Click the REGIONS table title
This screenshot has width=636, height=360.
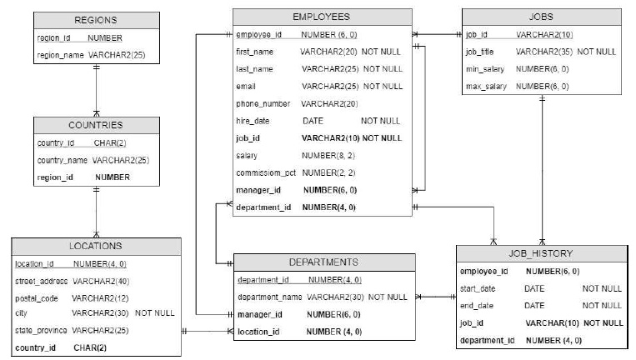pos(96,20)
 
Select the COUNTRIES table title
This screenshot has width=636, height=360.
pos(96,125)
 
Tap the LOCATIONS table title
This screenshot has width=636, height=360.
pos(96,246)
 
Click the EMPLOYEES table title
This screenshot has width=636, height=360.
pos(321,17)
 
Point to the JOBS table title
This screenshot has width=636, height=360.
pos(541,17)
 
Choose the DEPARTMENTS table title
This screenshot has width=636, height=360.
pos(323,262)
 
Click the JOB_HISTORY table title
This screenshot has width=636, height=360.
pos(541,254)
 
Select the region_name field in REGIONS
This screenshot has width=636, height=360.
pos(61,55)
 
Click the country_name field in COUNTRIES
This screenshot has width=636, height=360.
pos(62,161)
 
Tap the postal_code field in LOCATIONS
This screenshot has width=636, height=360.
pos(37,299)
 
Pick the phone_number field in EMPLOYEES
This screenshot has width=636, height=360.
pos(263,104)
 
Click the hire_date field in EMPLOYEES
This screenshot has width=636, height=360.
pos(253,121)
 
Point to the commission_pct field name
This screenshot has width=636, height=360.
pos(266,173)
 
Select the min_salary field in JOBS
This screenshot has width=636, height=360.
pos(485,69)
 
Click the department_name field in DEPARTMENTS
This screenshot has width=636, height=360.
pos(270,297)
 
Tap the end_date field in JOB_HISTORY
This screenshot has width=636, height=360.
pos(477,306)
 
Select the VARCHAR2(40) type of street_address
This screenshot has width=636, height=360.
pos(101,282)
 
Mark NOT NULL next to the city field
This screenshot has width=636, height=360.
pos(155,313)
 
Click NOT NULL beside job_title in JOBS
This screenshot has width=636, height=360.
pos(597,52)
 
